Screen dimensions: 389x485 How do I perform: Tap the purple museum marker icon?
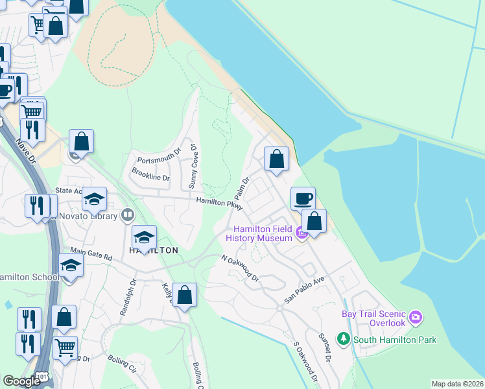click(302, 233)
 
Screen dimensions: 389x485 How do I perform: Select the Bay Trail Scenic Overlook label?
click(373, 318)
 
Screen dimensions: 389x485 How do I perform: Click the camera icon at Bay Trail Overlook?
click(416, 318)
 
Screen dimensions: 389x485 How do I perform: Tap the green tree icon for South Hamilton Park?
click(344, 339)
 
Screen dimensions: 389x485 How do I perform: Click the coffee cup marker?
click(303, 198)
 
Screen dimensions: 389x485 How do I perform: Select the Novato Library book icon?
click(128, 215)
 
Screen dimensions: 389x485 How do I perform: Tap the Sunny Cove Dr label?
click(193, 167)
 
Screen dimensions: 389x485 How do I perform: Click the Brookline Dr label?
click(150, 174)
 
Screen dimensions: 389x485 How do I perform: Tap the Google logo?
click(22, 381)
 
